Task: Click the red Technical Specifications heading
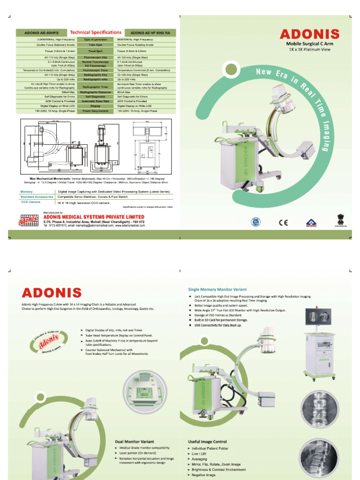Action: pyautogui.click(x=96, y=32)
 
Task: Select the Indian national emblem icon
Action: pyautogui.click(x=340, y=219)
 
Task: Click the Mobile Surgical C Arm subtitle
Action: pyautogui.click(x=310, y=44)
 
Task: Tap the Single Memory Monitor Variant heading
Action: pyautogui.click(x=217, y=290)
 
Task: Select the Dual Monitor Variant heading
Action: pyautogui.click(x=135, y=442)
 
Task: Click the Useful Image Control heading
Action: pyautogui.click(x=207, y=442)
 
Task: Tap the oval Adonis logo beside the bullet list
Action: pyautogui.click(x=48, y=345)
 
